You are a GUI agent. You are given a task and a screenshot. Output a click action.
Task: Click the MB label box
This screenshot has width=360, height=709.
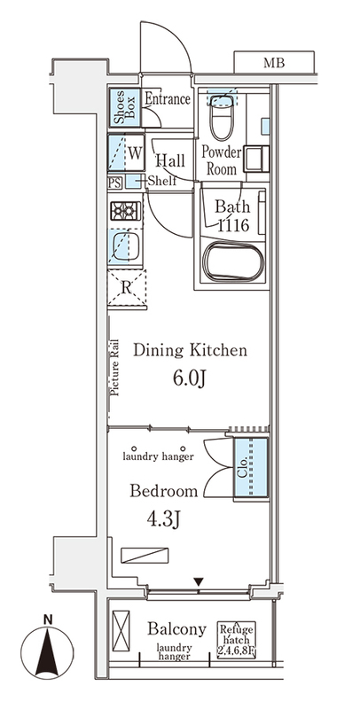pyautogui.click(x=274, y=62)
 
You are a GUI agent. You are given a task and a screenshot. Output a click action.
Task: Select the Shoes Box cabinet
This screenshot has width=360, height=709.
pyautogui.click(x=124, y=107)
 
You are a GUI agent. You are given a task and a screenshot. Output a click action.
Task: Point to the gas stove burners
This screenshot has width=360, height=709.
pyautogui.click(x=125, y=211)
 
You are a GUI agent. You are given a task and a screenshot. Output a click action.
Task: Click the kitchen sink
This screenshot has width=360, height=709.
pyautogui.click(x=125, y=245)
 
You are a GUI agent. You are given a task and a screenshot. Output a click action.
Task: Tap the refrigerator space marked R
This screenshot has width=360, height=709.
pyautogui.click(x=127, y=288)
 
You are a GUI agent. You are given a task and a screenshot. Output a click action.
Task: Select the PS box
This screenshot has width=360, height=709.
pyautogui.click(x=115, y=183)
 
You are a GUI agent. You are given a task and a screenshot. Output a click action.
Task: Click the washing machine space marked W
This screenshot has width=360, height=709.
pyautogui.click(x=126, y=152)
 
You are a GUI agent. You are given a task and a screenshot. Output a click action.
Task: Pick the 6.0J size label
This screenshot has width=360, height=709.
pyautogui.click(x=190, y=378)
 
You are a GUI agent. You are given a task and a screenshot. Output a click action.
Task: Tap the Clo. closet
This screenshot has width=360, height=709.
pyautogui.click(x=251, y=469)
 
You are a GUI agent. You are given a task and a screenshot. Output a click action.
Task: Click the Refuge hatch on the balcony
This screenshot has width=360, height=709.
pyautogui.click(x=237, y=639)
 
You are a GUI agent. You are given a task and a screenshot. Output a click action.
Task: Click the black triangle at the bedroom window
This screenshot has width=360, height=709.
pyautogui.click(x=198, y=581)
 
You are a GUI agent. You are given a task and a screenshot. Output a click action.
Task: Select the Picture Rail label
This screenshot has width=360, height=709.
pyautogui.click(x=114, y=368)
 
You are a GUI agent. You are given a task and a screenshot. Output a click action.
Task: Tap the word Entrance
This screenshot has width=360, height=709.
pyautogui.click(x=168, y=98)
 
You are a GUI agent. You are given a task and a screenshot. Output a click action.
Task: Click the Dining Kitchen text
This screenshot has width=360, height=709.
pyautogui.click(x=190, y=350)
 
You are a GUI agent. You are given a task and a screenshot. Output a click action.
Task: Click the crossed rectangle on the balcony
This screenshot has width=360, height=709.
pyautogui.click(x=121, y=631)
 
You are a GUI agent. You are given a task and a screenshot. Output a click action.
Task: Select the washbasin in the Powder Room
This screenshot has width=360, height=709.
pyautogui.click(x=256, y=159)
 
